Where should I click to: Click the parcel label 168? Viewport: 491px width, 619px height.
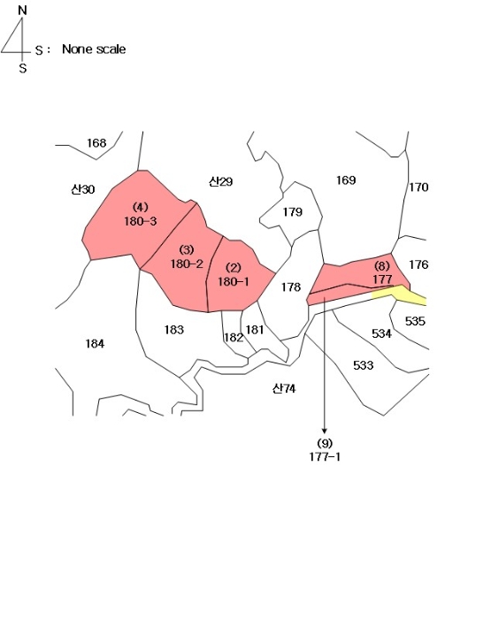coord(96,142)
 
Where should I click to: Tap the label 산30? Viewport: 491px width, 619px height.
coord(83,189)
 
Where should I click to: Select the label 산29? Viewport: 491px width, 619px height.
coord(220,181)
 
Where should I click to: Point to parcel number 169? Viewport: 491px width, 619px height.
coord(346,180)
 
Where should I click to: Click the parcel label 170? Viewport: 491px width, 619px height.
coord(418,187)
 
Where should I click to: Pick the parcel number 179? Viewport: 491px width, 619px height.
coord(293,212)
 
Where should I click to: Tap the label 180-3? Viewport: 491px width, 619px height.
coord(141,221)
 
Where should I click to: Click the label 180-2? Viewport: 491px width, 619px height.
coord(187,264)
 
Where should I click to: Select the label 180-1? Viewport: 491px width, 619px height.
coord(234,282)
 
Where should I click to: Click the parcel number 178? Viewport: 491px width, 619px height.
coord(291,287)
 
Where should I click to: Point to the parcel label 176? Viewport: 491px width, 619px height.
coord(418,264)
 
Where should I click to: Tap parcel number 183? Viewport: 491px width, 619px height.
coord(174,330)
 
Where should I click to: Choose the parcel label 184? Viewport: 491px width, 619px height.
coord(95,344)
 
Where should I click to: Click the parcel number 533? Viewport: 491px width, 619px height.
coord(364,365)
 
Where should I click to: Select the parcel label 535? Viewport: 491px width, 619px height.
coord(415,321)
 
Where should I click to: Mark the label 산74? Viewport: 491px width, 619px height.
coord(284,389)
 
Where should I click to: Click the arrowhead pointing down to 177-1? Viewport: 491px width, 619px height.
coord(325,431)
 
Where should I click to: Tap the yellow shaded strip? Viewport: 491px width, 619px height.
coord(399,294)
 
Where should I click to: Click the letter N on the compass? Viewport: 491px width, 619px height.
coord(22,11)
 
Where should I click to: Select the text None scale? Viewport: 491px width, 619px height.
coord(94,50)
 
